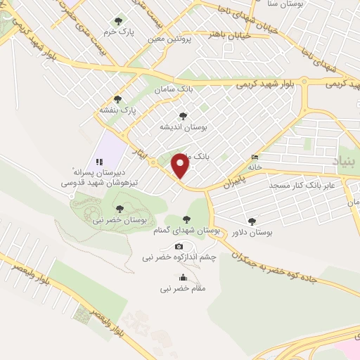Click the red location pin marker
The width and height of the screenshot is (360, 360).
pos(181,165)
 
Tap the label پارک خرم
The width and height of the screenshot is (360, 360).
pos(118,32)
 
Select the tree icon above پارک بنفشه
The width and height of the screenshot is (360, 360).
pos(117,99)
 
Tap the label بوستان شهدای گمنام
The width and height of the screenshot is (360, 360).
pos(186,231)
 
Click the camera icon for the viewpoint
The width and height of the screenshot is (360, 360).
pos(179,246)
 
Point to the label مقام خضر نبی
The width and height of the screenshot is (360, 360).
pos(183,288)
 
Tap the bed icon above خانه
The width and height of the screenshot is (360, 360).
pos(255,157)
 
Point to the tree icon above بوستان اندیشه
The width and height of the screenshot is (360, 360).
pos(183,116)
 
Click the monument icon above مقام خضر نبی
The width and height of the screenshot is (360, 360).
pos(183,277)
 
